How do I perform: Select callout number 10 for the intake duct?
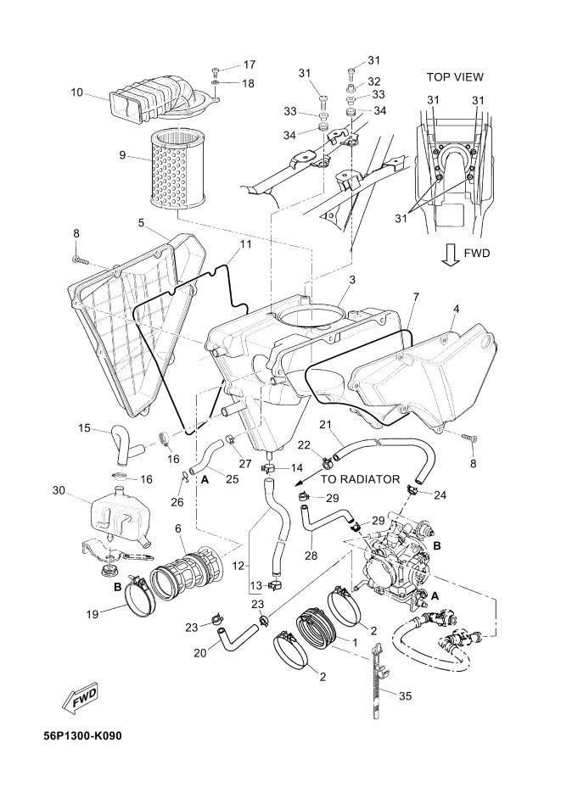[77, 92]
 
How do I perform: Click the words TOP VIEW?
[455, 77]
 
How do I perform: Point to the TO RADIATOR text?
[360, 479]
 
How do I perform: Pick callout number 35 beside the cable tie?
[405, 696]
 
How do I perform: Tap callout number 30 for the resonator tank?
[59, 490]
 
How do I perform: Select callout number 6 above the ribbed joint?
[178, 528]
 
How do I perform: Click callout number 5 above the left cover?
[141, 222]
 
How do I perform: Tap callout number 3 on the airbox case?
[352, 279]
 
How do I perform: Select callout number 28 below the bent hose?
[311, 556]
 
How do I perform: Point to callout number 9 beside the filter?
[122, 155]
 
